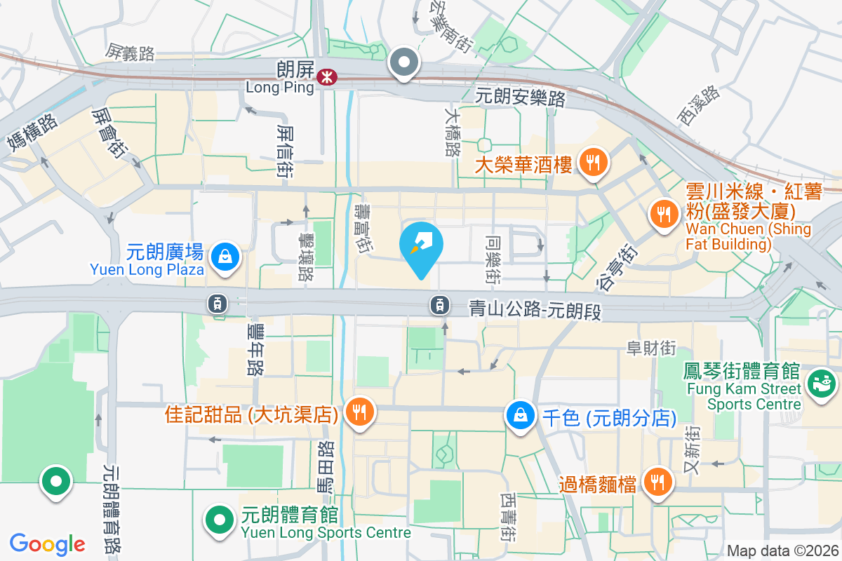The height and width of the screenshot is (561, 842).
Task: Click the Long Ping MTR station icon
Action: [326, 77]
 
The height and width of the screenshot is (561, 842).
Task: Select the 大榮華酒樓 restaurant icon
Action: [594, 164]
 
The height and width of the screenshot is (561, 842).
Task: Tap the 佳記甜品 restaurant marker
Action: [360, 412]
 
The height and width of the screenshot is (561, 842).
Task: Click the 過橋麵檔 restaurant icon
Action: [657, 482]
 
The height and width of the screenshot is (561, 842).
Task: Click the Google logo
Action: [48, 543]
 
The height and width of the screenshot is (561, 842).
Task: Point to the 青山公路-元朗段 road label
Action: [535, 309]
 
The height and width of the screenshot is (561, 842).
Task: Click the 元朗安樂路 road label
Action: [520, 97]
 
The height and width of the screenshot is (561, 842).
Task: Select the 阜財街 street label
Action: [650, 347]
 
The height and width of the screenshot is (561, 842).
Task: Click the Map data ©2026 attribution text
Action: [782, 550]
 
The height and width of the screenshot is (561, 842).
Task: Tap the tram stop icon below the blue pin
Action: [439, 304]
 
